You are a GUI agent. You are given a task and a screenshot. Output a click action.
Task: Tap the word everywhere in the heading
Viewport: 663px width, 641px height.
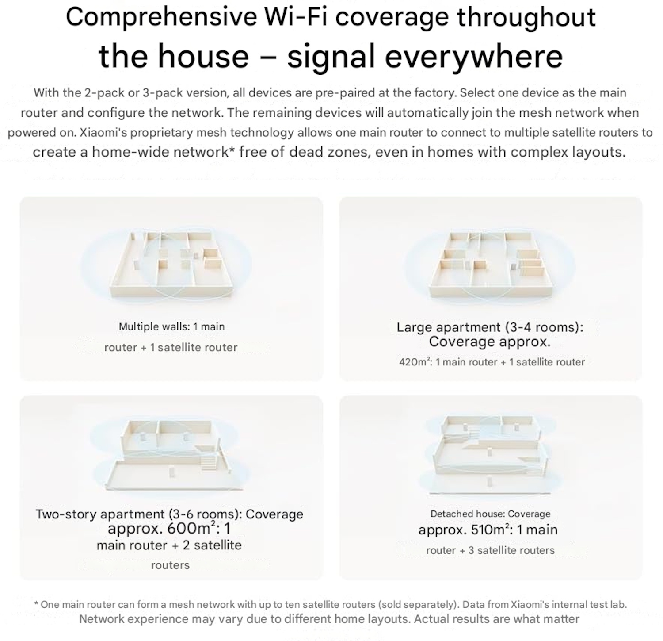click(474, 56)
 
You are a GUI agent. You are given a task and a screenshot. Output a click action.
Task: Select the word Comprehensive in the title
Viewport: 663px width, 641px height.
click(161, 17)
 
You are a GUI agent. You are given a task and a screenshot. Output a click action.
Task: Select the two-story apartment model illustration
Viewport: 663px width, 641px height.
click(171, 456)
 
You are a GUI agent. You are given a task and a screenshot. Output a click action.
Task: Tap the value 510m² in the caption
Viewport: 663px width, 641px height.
click(488, 530)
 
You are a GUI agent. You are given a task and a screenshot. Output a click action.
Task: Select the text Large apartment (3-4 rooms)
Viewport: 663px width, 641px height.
click(490, 327)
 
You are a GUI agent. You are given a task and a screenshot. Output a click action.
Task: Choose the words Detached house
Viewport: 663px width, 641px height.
click(468, 514)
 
